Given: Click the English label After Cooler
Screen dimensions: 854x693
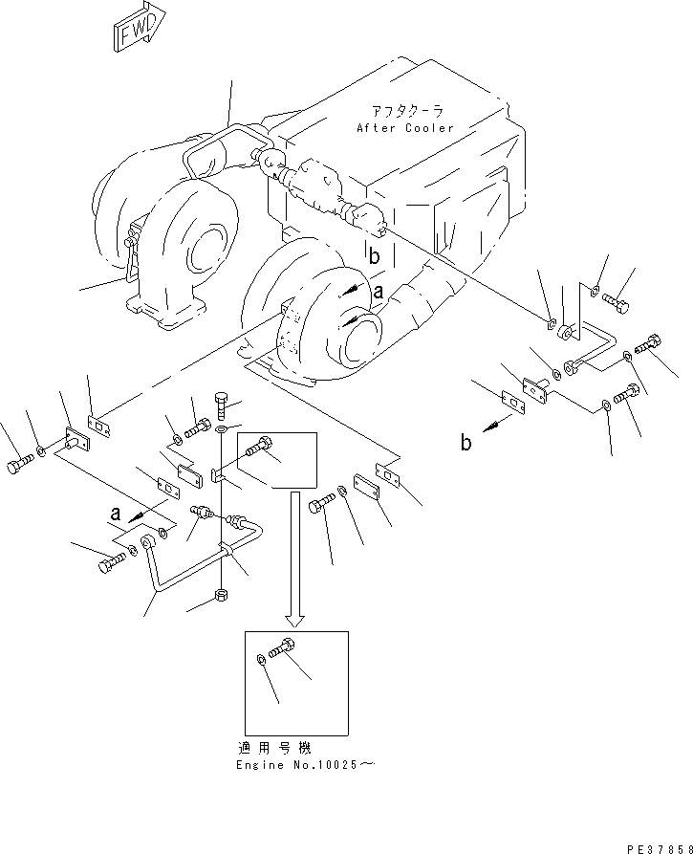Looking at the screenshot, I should pos(405,128).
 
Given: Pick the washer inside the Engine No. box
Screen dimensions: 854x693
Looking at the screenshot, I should pos(262,660).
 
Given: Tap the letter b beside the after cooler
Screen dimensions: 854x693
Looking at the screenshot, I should pos(375,255).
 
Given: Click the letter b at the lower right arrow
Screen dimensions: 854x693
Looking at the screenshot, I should pos(466,443).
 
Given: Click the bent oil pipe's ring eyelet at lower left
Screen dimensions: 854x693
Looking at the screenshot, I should pos(148,546).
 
